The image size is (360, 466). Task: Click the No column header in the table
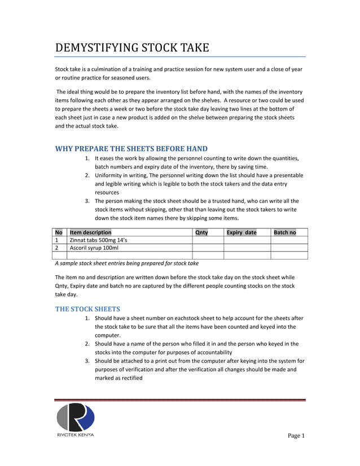pos(59,232)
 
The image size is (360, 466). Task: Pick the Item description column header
pos(90,232)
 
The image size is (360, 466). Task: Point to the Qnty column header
pos(201,232)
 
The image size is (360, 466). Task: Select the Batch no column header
pos(284,232)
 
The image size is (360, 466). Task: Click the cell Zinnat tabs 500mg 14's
pos(98,240)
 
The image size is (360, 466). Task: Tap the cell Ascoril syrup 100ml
pos(94,248)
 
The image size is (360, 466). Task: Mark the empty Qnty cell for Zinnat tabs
pos(208,240)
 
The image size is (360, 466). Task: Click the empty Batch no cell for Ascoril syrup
pos(289,248)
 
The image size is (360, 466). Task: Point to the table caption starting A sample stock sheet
pos(126,263)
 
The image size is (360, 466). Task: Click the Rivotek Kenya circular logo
pos(76,418)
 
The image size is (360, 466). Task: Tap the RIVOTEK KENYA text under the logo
pos(76,435)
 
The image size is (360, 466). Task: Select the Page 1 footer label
pos(296,436)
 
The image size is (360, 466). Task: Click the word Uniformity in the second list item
pos(109,175)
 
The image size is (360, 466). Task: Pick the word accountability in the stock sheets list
pos(209,351)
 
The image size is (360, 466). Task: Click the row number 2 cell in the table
pos(59,248)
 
